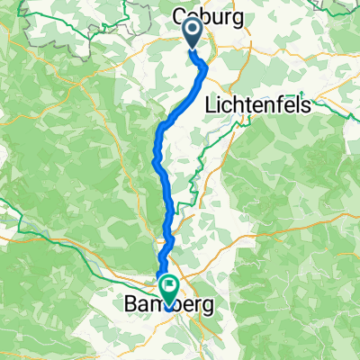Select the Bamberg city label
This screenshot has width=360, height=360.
[x=167, y=306]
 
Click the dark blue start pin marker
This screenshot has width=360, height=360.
[x=193, y=33]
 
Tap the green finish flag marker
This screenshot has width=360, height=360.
[x=168, y=289]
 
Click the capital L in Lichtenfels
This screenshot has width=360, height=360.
[x=211, y=104]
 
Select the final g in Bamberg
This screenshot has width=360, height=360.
[x=209, y=309]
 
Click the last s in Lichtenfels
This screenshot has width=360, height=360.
[x=307, y=105]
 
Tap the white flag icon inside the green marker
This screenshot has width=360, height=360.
[x=168, y=286]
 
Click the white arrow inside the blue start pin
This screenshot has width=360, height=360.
[x=193, y=30]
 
